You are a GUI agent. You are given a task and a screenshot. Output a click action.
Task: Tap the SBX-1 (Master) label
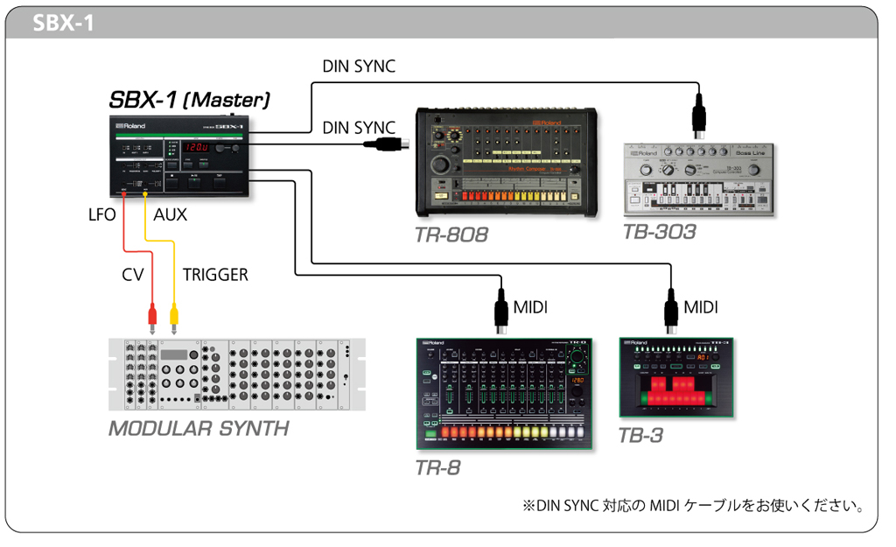pyautogui.click(x=189, y=99)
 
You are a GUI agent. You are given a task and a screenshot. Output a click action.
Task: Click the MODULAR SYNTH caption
pyautogui.click(x=199, y=429)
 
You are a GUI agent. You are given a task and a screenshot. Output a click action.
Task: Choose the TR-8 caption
pyautogui.click(x=437, y=468)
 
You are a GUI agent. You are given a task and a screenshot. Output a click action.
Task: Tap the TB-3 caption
pyautogui.click(x=640, y=435)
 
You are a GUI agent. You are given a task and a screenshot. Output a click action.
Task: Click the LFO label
pyautogui.click(x=101, y=214)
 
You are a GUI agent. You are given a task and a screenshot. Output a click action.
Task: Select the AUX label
pyautogui.click(x=170, y=214)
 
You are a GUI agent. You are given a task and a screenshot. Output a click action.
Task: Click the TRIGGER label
pyautogui.click(x=215, y=275)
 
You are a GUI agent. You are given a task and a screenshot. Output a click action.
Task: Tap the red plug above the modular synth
pyautogui.click(x=153, y=313)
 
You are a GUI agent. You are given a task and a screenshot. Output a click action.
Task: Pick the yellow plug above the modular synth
pyautogui.click(x=174, y=313)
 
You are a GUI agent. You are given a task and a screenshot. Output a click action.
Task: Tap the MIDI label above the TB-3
pyautogui.click(x=700, y=307)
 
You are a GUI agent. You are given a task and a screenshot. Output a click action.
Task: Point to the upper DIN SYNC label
pyautogui.click(x=359, y=67)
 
